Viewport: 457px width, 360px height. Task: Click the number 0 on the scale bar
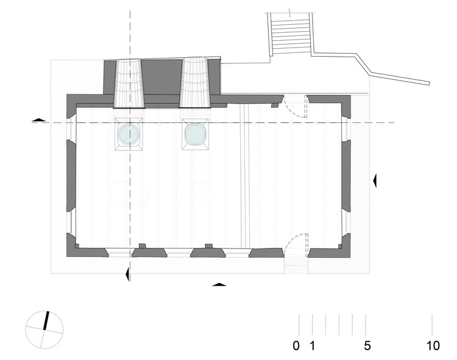point(296,346)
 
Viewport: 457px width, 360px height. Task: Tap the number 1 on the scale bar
point(312,346)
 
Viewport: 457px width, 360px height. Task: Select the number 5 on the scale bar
point(367,346)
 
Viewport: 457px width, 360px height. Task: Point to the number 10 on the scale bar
point(433,346)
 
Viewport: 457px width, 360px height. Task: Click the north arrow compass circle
point(44,330)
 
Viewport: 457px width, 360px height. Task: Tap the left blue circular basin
point(129,134)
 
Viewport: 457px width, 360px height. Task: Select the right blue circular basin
point(196,134)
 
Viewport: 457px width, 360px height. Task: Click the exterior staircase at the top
point(290,34)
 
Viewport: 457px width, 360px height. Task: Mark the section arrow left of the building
point(39,120)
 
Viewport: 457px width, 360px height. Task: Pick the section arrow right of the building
point(375,181)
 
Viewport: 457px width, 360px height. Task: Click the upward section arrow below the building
point(219,284)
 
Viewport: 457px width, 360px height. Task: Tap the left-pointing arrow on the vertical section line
point(127,274)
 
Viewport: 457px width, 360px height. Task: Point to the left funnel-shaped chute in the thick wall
point(129,83)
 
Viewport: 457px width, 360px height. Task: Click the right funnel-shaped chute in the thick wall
point(195,82)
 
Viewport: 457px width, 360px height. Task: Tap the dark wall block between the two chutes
point(162,77)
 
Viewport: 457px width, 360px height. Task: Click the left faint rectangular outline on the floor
point(129,193)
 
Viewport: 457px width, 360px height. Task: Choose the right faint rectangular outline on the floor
point(195,193)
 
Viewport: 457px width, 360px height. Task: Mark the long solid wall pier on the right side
point(346,176)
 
